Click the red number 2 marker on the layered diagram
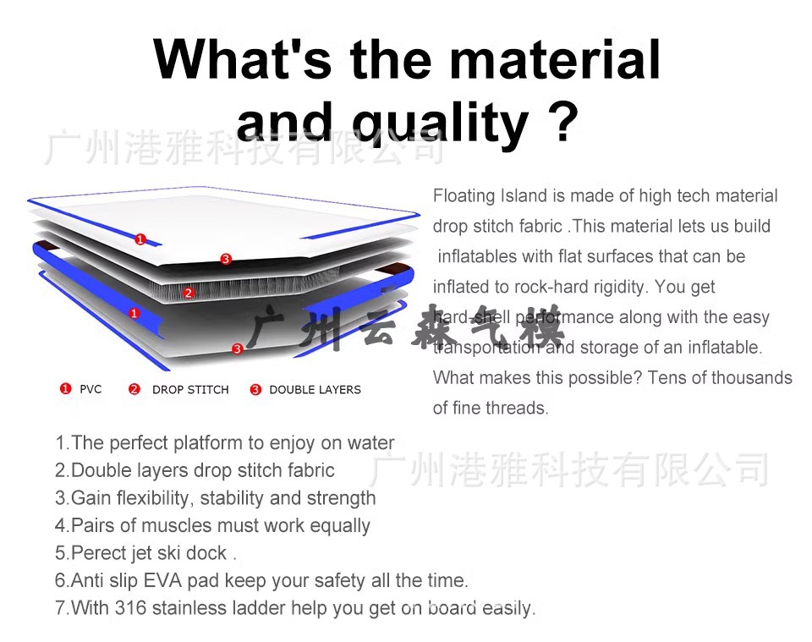[x=189, y=293]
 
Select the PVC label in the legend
[x=91, y=389]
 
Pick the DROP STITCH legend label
[x=190, y=390]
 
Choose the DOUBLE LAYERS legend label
[x=315, y=390]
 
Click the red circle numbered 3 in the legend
[x=256, y=390]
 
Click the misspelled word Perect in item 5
[x=100, y=553]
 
